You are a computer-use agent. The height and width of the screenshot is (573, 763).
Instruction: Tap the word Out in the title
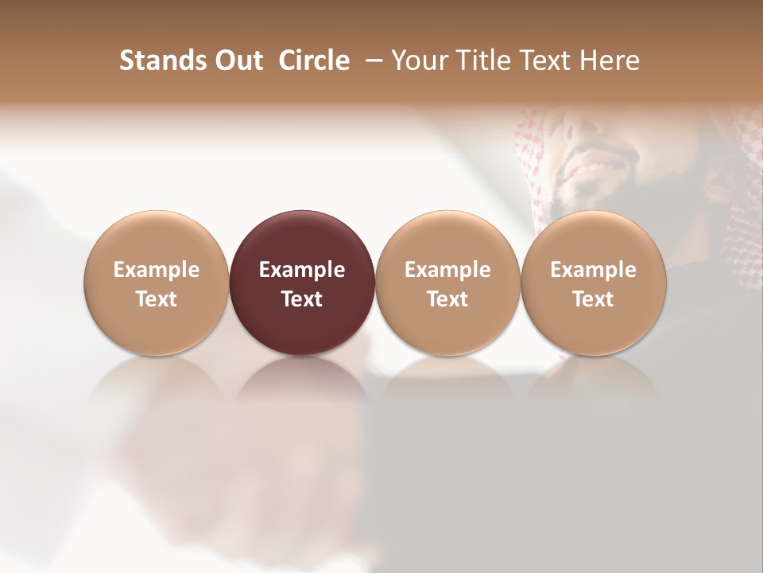pos(237,60)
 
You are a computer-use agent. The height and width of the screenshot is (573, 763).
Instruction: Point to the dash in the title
pos(370,60)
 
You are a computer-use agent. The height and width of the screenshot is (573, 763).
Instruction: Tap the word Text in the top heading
pos(547,60)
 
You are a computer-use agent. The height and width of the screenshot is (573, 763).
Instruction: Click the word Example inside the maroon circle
pos(302,270)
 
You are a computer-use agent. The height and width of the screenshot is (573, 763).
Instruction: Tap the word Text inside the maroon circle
pos(302,299)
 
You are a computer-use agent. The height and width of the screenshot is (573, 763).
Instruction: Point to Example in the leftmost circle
pos(157,270)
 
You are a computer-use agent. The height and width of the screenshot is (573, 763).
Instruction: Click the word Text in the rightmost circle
pos(594,299)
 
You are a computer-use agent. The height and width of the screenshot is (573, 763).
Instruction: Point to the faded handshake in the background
pos(238,470)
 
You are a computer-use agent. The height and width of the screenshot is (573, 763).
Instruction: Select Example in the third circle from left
pos(447,270)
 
